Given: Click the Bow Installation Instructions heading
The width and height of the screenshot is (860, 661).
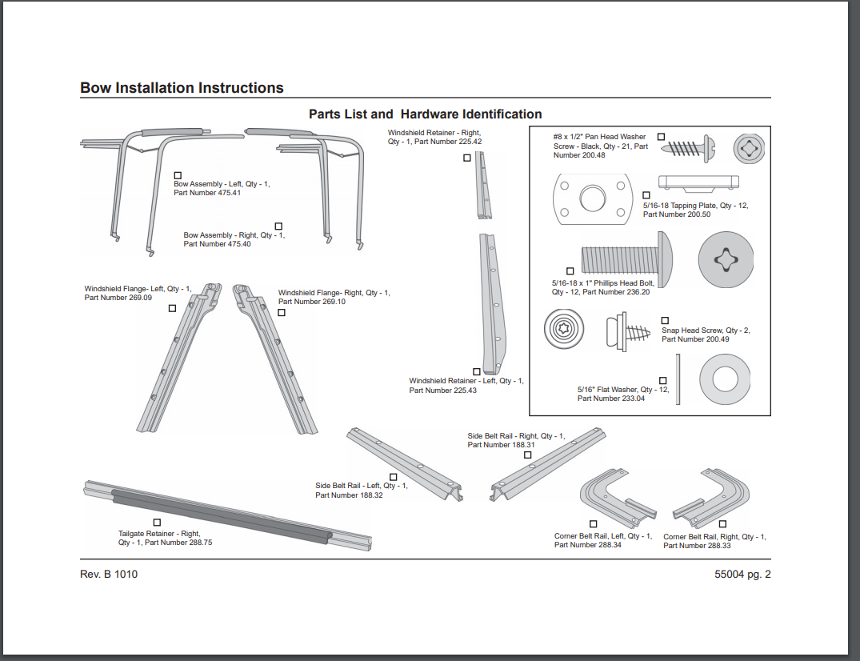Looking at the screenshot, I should click(x=182, y=88).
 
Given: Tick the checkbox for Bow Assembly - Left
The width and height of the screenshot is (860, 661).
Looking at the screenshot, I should click(x=178, y=175).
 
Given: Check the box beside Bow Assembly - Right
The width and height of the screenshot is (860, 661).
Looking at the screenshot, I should click(x=278, y=226).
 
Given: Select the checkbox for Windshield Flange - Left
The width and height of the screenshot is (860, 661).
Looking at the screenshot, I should click(x=172, y=308).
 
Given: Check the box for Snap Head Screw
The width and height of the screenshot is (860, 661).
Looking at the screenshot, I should click(x=665, y=321).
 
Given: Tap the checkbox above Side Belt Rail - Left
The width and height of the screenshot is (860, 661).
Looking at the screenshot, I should click(x=393, y=477).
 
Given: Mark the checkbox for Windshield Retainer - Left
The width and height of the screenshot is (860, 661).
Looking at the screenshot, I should click(x=477, y=371).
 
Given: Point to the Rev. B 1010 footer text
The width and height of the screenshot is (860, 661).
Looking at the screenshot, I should click(x=109, y=574).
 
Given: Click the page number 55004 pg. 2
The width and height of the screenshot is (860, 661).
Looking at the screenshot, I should click(x=742, y=574).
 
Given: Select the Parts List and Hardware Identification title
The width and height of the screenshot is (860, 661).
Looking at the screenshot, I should click(x=425, y=114).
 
